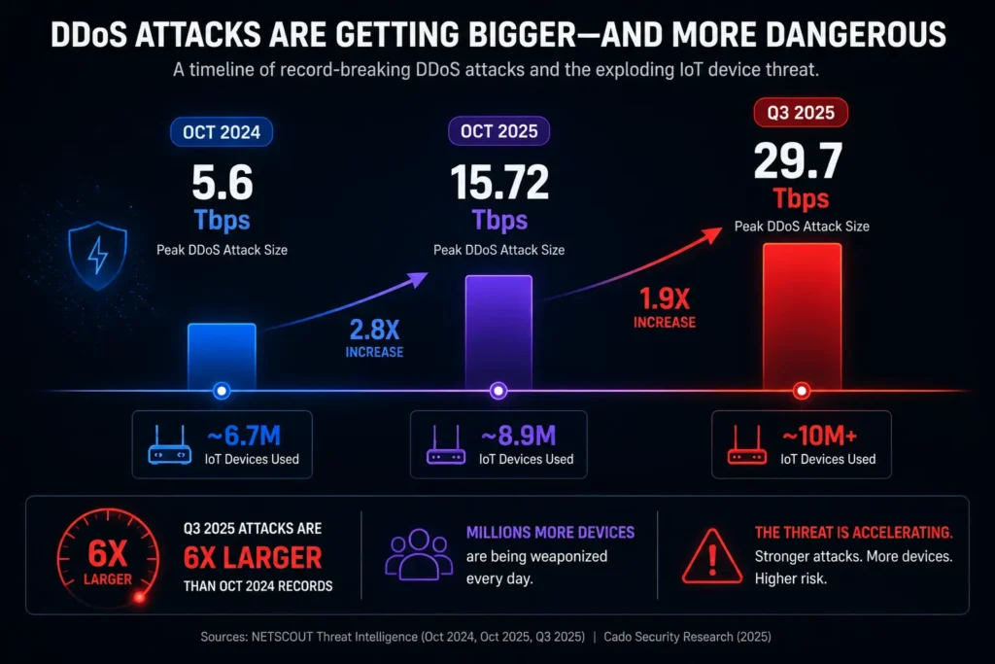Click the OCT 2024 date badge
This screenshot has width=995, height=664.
pos(222,132)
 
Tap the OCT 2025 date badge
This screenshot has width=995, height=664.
pos(498,131)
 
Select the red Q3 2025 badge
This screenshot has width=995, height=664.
pos(801,113)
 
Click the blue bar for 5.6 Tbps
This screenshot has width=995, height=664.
pos(222,356)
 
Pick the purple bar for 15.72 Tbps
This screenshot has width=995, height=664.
pos(498,332)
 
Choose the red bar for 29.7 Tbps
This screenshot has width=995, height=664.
pos(802,316)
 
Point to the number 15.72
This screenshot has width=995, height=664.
pos(499,182)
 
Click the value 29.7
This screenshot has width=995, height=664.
pos(799,160)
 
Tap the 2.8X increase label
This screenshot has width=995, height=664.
pos(374,338)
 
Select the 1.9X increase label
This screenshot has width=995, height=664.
pos(665,308)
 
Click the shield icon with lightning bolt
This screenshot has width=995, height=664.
pos(98,255)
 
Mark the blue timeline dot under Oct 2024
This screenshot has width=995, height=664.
pos(222,391)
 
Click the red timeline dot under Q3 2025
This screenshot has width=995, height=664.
pos(802,391)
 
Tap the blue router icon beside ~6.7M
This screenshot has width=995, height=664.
pos(169,445)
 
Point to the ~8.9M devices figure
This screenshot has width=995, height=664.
pos(519,437)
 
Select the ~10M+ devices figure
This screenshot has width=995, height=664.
pos(819,437)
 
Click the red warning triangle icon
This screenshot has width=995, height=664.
pos(712,557)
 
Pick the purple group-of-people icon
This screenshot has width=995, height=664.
pos(419,555)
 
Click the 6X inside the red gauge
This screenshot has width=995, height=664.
pos(107,553)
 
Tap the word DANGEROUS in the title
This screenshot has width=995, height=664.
pos(855,34)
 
